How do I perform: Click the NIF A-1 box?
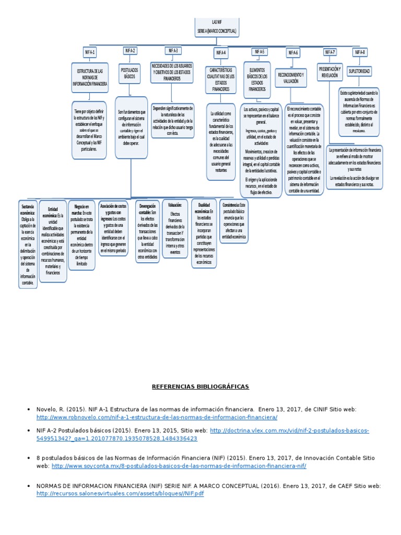pos(90,52)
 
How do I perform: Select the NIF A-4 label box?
pos(220,53)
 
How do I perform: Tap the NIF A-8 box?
pos(360,52)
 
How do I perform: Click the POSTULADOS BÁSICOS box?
pos(129,73)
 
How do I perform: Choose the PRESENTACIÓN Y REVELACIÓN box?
pos(330,72)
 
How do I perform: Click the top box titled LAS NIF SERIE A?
pos(217,28)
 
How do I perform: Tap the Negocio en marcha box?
pos(82,235)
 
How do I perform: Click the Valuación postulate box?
pos(175,228)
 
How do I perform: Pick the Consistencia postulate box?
pos(233,222)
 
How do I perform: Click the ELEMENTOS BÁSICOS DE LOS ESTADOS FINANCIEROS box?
pos(257,80)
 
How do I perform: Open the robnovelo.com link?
pos(157,417)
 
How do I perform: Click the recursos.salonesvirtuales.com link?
pos(120,493)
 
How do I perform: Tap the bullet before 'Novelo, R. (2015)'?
pos(28,410)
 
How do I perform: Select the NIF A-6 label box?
pos(292,53)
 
